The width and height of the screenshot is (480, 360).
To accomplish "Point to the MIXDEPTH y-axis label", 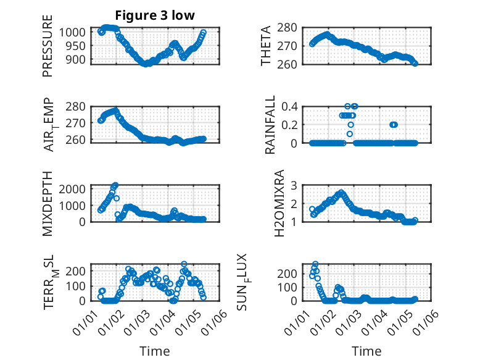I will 48,203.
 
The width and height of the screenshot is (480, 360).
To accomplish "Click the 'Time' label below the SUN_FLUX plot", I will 366,351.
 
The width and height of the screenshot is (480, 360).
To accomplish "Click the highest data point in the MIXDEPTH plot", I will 115,185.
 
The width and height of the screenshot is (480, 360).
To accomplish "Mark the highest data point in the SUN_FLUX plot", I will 315,264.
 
